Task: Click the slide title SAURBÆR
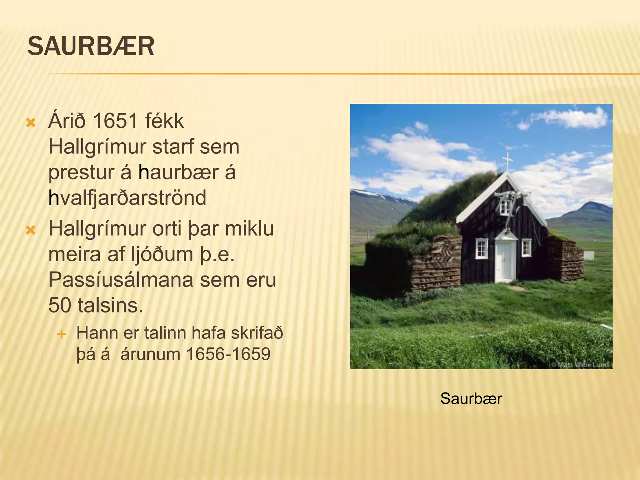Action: click(91, 46)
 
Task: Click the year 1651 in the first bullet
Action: click(115, 121)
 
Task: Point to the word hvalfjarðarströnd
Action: click(127, 198)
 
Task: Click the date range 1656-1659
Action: click(228, 354)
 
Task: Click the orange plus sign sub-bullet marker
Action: click(62, 334)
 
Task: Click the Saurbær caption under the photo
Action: click(471, 399)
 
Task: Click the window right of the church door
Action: click(527, 247)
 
